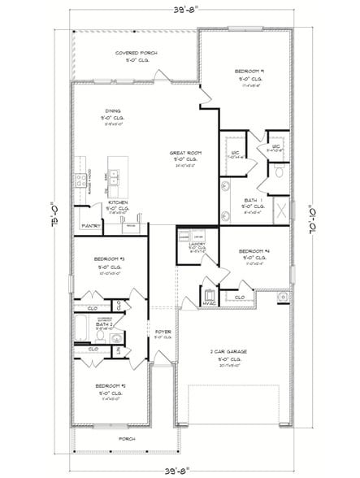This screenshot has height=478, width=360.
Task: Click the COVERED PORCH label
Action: click(136, 53)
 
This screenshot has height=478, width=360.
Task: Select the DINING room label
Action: click(113, 111)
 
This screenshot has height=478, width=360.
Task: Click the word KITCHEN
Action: click(113, 202)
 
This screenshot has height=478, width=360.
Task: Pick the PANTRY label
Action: click(90, 225)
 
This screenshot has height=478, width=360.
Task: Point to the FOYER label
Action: click(163, 331)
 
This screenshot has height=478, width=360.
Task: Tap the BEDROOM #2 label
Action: click(109, 385)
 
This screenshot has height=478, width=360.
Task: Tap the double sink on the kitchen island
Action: click(116, 173)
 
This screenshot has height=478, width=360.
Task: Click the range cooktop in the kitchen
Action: click(81, 180)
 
